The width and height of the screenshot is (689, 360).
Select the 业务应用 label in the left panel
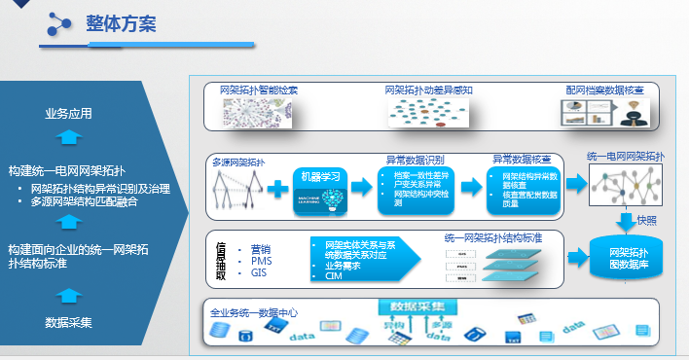click(68, 114)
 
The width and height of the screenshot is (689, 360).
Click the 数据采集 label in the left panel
click(68, 322)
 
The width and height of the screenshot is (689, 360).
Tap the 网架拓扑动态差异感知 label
click(428, 90)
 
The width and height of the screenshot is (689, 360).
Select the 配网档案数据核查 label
click(604, 90)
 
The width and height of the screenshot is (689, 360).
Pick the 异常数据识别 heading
click(416, 158)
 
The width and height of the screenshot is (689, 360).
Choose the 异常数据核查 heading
click(521, 158)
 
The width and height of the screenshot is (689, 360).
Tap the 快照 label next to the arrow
click(646, 221)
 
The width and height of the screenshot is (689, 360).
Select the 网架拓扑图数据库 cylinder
click(623, 257)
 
